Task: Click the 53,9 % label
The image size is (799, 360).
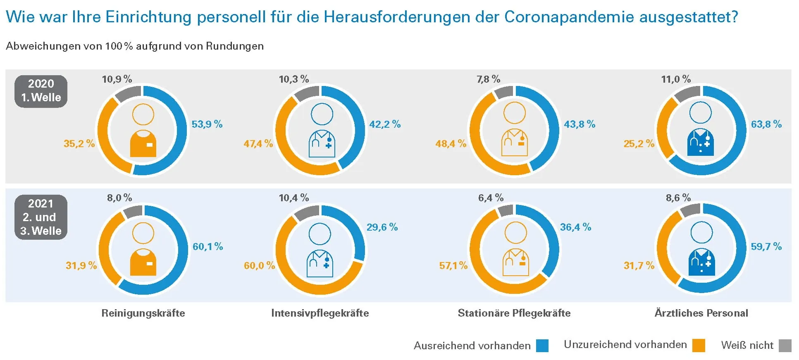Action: tap(207, 124)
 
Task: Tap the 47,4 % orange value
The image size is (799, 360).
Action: tap(258, 144)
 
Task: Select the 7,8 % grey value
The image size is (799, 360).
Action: tap(488, 79)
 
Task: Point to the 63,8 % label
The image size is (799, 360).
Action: tap(766, 124)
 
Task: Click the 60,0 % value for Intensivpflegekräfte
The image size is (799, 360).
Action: tap(259, 265)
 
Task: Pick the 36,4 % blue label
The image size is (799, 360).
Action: tap(575, 227)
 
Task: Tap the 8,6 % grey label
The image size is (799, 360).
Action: tap(678, 198)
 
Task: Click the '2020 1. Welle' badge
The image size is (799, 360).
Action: tap(41, 91)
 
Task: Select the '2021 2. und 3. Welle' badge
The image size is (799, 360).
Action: tap(41, 217)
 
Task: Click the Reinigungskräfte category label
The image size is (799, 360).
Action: tap(143, 313)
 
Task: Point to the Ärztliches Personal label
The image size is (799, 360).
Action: tap(701, 313)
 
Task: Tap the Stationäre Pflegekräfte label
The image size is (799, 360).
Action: tap(514, 313)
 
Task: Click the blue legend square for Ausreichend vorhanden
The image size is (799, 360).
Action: tap(542, 346)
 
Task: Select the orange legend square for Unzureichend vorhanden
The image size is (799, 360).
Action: tap(699, 346)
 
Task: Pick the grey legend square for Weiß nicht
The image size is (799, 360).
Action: tap(785, 346)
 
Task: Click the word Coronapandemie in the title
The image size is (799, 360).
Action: tap(569, 17)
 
